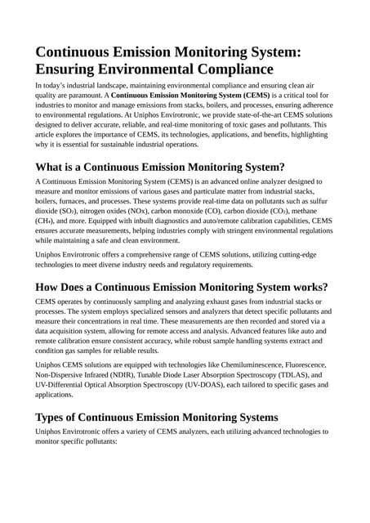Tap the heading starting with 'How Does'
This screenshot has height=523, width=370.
(x=181, y=287)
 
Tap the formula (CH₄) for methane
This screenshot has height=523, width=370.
(x=47, y=221)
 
